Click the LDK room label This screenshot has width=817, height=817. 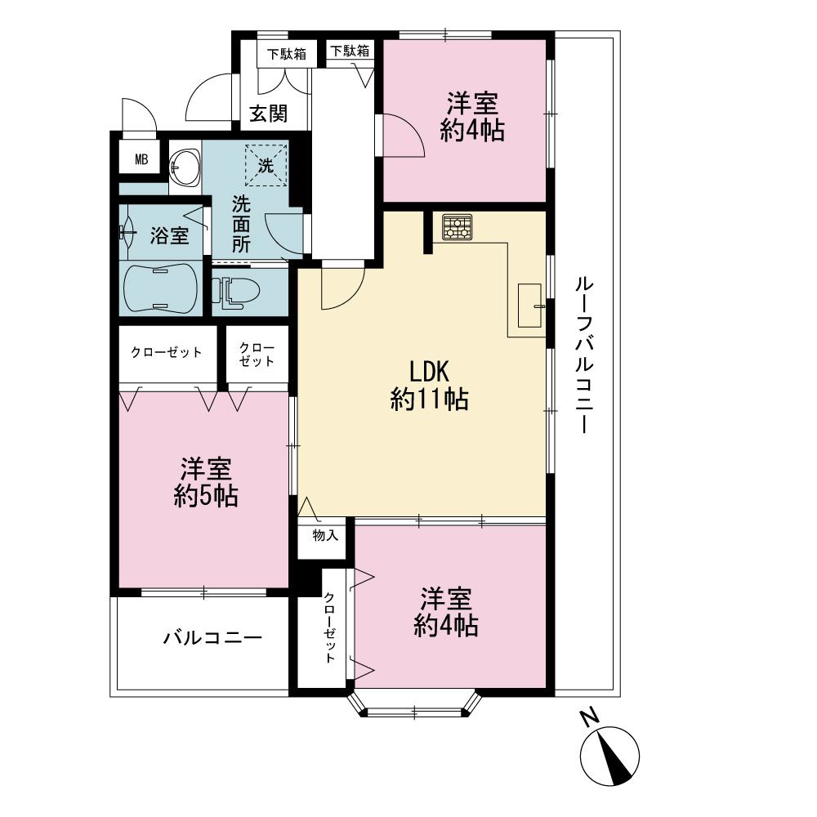coord(430,386)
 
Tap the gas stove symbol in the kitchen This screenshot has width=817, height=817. coord(458,227)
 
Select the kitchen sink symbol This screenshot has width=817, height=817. coord(530,306)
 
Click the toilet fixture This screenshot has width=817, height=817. coord(236,292)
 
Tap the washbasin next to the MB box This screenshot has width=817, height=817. coord(185,167)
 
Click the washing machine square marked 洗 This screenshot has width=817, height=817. coord(266,165)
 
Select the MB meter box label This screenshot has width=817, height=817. coord(141,159)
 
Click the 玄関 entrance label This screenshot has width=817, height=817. coord(268,114)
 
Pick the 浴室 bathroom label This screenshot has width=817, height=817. coord(169,236)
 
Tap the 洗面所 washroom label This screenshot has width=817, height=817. coord(241,224)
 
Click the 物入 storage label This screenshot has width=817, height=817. coord(326,535)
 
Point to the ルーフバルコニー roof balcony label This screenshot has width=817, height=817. coord(584,355)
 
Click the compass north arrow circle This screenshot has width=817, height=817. coord(609,756)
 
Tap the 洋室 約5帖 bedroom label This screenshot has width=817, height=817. coord(206,483)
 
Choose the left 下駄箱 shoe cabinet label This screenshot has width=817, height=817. coord(286,54)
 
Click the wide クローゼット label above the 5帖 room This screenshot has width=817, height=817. coord(166,353)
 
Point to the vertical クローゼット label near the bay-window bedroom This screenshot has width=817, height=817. coord(329,627)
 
